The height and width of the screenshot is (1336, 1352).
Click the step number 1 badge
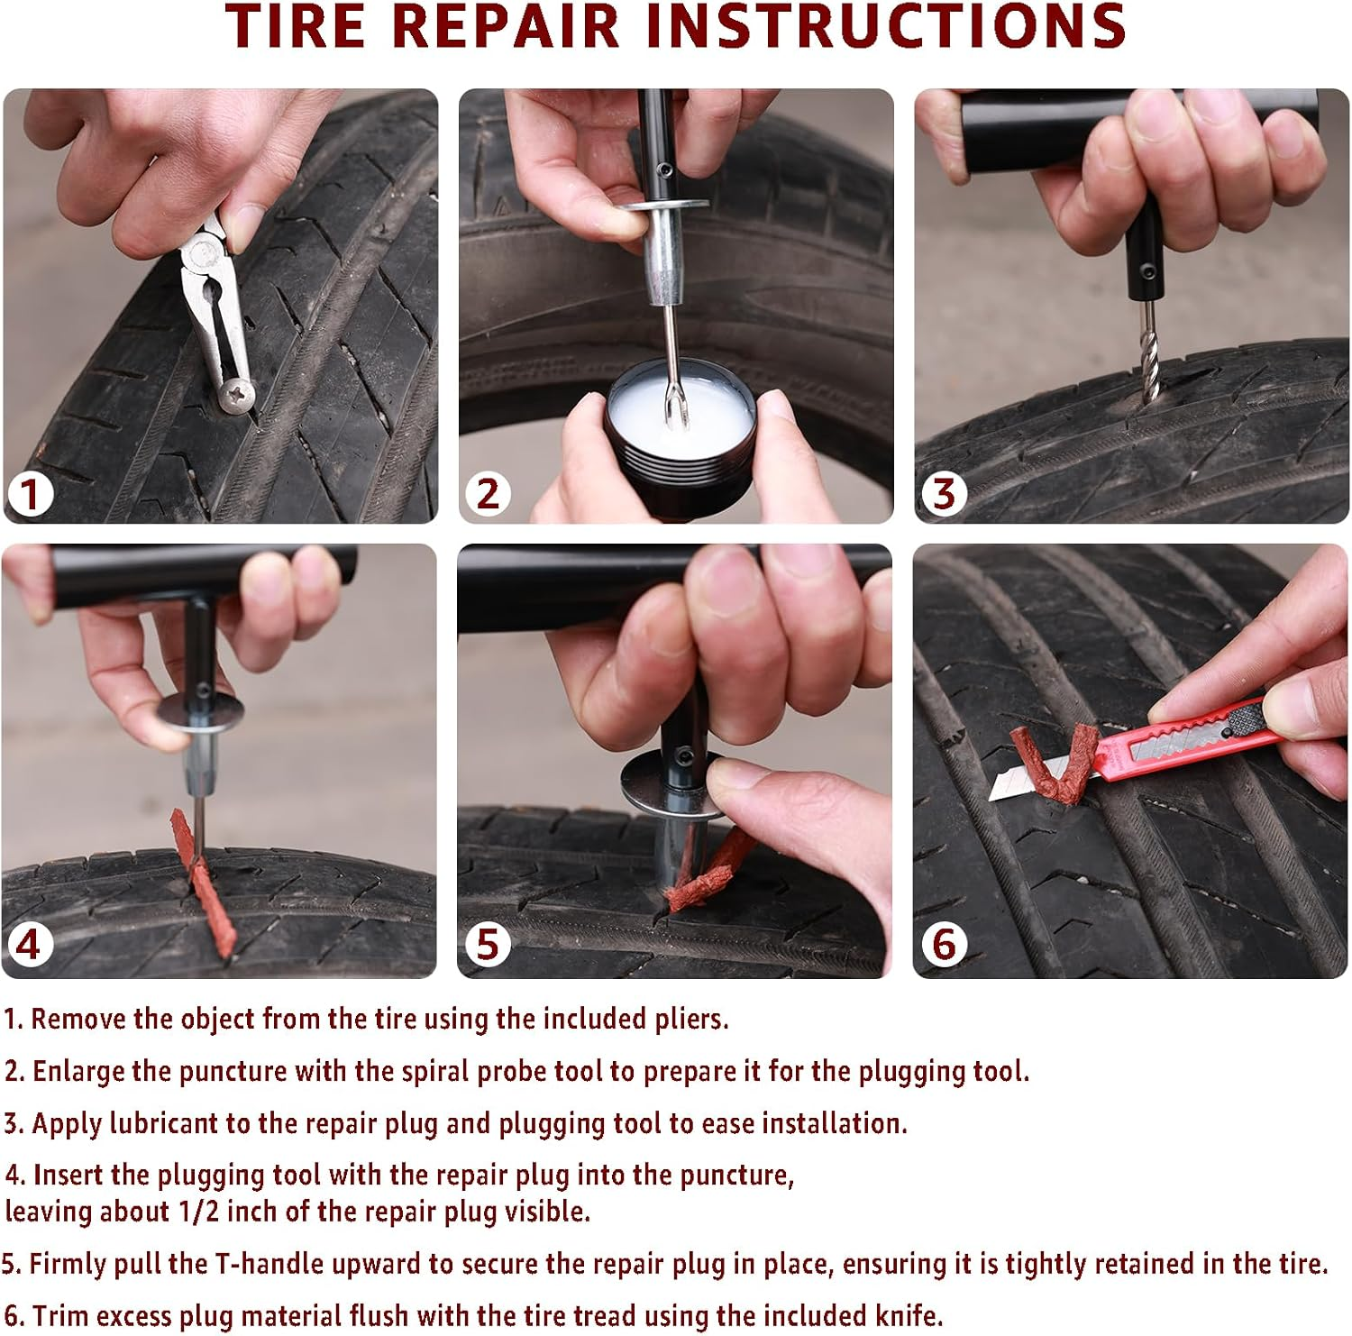pyautogui.click(x=31, y=494)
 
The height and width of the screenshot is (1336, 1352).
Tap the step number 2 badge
pyautogui.click(x=488, y=494)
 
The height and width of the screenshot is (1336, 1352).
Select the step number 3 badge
pyautogui.click(x=944, y=494)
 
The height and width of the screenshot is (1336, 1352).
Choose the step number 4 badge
pyautogui.click(x=29, y=945)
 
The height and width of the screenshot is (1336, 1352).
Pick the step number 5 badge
pyautogui.click(x=488, y=945)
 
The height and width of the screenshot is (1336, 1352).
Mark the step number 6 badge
pyautogui.click(x=944, y=945)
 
